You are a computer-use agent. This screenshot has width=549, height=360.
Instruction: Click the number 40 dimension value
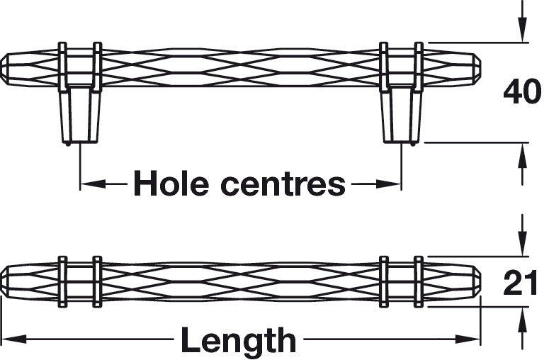tap(521, 93)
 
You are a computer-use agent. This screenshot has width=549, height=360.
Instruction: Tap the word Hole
tap(171, 184)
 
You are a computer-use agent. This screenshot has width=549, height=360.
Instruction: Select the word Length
tap(238, 341)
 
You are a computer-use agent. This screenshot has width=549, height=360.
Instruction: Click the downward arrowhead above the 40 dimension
tap(522, 33)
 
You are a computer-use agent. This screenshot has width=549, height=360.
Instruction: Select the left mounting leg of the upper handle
tap(79, 113)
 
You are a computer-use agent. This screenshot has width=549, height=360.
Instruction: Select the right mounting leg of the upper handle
tap(401, 113)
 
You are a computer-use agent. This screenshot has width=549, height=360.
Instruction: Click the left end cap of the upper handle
tap(7, 69)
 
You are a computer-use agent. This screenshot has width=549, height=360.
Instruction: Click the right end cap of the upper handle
tap(475, 69)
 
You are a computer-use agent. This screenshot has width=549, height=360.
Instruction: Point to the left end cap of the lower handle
tap(7, 281)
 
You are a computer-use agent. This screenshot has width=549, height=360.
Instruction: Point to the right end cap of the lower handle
tap(475, 281)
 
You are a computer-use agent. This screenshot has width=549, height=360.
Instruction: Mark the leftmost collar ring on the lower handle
tap(62, 281)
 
